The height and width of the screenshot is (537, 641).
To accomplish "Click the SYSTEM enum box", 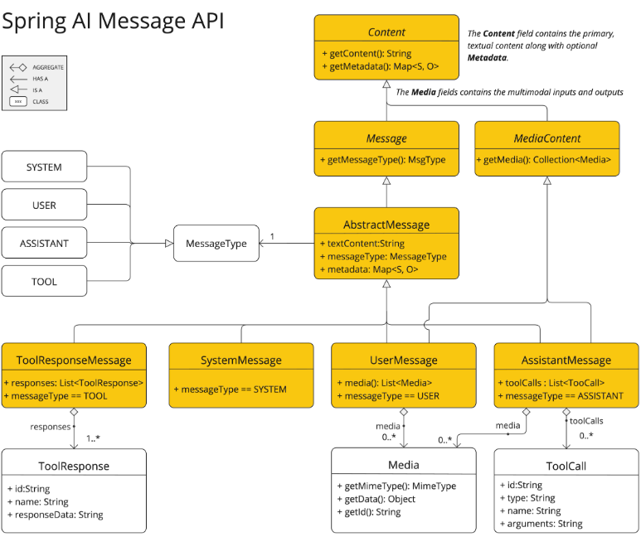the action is tap(44, 167).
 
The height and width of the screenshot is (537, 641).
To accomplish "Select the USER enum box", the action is tap(44, 205).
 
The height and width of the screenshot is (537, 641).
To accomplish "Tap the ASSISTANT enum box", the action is tap(44, 243).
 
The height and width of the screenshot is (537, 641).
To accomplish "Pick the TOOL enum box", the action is tap(44, 281).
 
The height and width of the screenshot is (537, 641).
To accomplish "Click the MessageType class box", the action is tap(216, 243).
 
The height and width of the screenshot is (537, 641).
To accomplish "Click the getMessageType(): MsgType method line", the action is tap(383, 160).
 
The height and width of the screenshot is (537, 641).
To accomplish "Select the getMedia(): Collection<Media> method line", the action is tap(544, 160).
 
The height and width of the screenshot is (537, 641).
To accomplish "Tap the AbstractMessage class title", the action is tap(386, 225).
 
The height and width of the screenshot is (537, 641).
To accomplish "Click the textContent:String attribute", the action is tap(362, 244).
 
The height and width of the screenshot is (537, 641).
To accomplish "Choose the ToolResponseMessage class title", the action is tap(74, 360).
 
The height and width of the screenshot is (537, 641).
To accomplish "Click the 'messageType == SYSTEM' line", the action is tap(231, 389).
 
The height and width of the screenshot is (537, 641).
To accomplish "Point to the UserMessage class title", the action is tap(404, 360).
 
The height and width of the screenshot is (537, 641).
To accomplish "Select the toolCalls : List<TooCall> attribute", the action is tap(551, 383).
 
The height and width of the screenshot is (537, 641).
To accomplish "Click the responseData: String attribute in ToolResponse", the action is tap(56, 515).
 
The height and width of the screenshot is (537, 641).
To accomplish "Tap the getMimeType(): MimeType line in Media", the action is tap(396, 486).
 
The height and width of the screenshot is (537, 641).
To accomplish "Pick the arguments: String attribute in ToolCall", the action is tap(541, 524).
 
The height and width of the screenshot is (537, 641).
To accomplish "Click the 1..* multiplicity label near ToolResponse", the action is tap(93, 438).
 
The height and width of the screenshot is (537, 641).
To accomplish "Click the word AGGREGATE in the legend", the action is tap(48, 67).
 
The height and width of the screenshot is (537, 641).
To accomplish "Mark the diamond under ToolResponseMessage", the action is tap(74, 412).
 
